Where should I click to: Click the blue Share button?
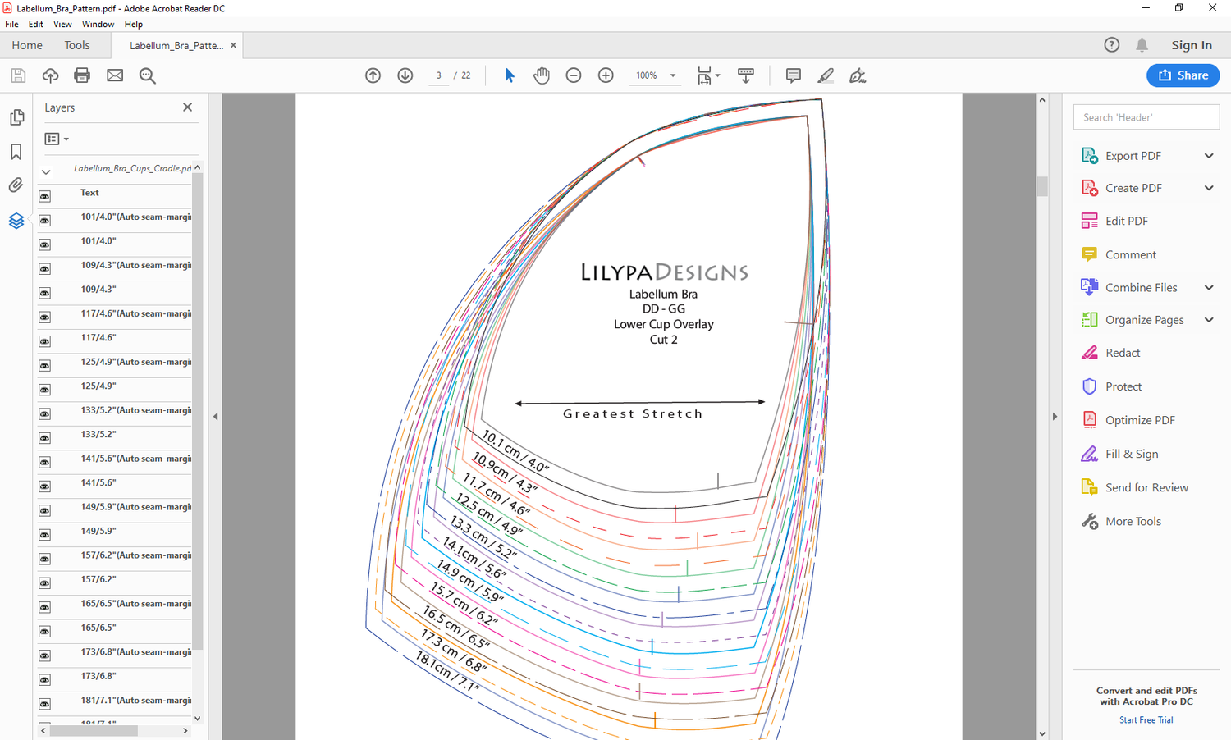[x=1183, y=75]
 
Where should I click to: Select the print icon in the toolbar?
[x=82, y=75]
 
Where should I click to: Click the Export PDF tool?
[x=1133, y=156]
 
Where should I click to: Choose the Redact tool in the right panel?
[x=1122, y=353]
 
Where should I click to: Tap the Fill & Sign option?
[x=1131, y=454]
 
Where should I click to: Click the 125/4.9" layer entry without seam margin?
[x=98, y=386]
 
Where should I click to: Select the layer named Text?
[x=89, y=193]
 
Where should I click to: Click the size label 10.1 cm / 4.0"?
[x=515, y=451]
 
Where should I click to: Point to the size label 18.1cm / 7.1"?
[x=447, y=671]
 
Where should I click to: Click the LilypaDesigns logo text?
[x=664, y=272]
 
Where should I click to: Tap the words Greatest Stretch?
[x=632, y=413]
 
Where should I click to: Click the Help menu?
[x=133, y=24]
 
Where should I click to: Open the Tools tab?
[x=77, y=45]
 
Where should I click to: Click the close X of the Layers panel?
[x=187, y=107]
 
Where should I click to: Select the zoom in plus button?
[x=606, y=75]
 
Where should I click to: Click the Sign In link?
[x=1191, y=45]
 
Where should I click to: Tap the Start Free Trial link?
[x=1146, y=719]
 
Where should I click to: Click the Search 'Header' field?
[x=1146, y=117]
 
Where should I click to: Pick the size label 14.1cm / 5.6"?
[x=474, y=558]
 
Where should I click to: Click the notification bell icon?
[x=1142, y=45]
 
